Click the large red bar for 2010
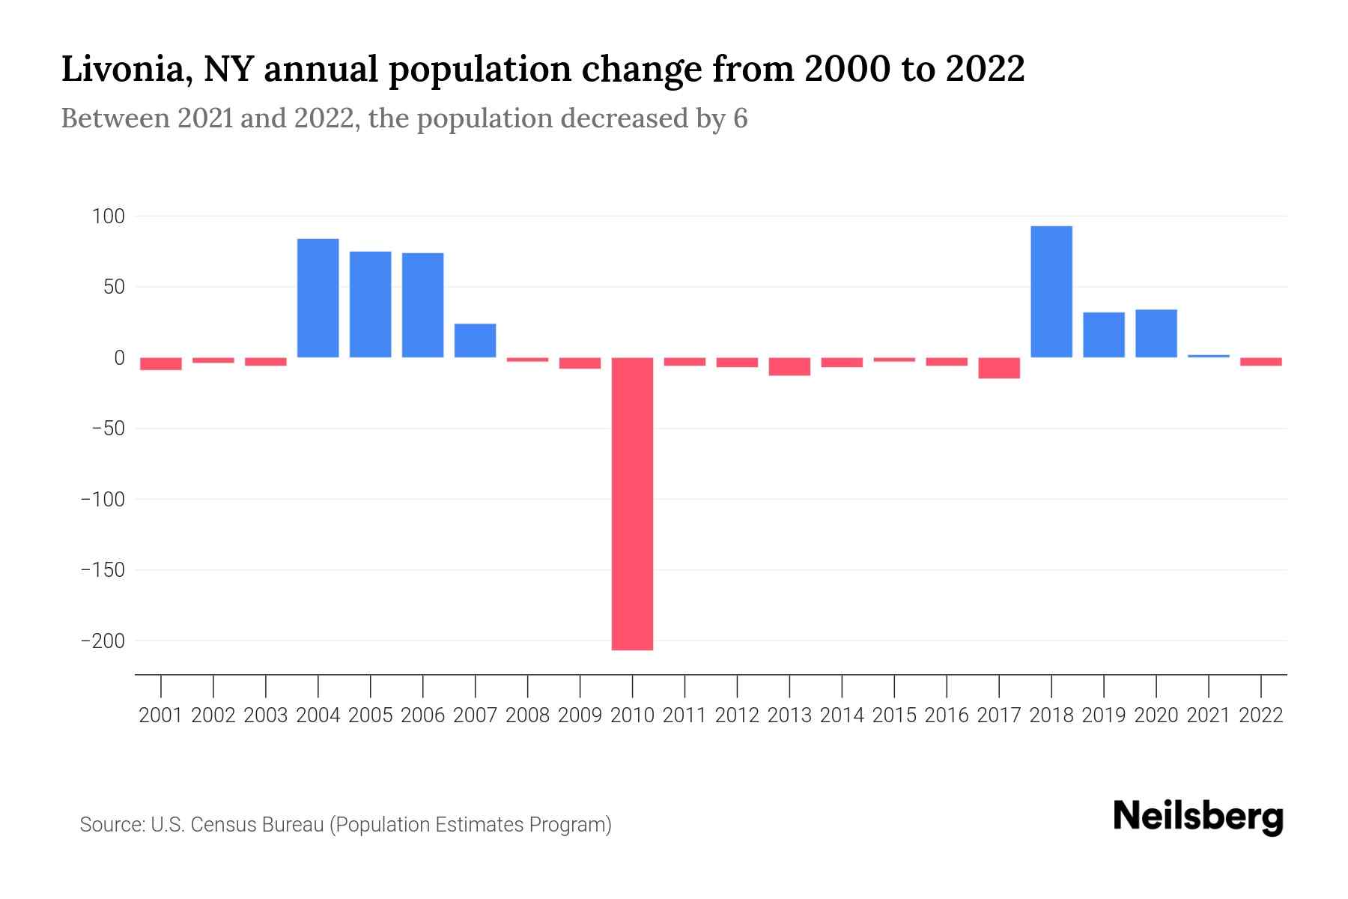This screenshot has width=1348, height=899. [x=632, y=503]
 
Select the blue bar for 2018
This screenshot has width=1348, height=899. [x=1051, y=291]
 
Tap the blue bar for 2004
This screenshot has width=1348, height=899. [x=318, y=297]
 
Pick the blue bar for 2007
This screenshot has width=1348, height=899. [x=476, y=340]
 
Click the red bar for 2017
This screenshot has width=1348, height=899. [x=999, y=368]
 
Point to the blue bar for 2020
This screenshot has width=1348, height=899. [x=1156, y=333]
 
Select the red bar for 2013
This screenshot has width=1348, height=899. [x=789, y=366]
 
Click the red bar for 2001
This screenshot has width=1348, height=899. [x=161, y=363]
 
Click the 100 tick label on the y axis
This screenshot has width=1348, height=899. [x=108, y=217]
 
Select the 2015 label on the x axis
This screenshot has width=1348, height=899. [x=894, y=715]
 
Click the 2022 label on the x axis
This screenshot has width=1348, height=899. [x=1261, y=715]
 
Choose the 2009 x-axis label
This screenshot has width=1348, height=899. [x=580, y=715]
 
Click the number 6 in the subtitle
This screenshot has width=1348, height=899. [x=740, y=118]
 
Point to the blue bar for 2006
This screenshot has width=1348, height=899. [x=423, y=305]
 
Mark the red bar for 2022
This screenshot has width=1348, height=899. [x=1261, y=362]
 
